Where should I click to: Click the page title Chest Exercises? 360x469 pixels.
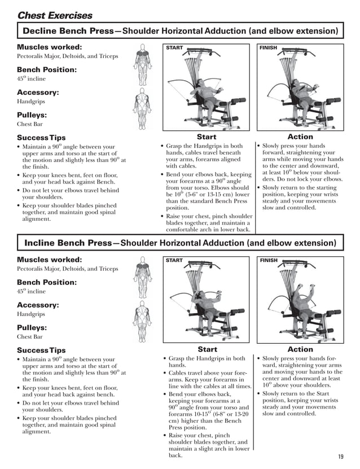[x=55, y=15]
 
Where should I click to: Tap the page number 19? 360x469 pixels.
[x=340, y=457]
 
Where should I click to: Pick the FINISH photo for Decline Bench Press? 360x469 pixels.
[x=300, y=90]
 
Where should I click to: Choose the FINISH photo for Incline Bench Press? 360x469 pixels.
[x=300, y=303]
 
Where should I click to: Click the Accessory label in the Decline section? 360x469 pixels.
[x=38, y=93]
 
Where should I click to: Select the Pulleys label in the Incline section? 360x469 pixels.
[x=34, y=328]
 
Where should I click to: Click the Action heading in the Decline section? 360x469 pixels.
[x=300, y=137]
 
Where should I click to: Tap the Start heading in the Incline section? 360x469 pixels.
[x=207, y=350]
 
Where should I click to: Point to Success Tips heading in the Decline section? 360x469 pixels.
[x=41, y=138]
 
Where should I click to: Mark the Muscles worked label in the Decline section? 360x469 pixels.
[x=49, y=47]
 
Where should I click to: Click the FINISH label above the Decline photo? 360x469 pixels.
[x=269, y=49]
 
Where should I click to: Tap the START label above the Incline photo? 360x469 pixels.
[x=174, y=261]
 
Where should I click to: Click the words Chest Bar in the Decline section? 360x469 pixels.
[x=30, y=124]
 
